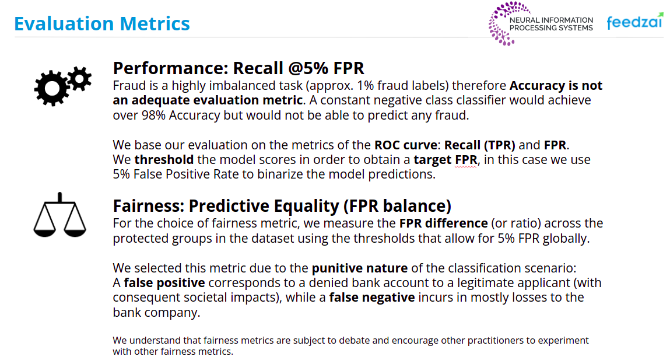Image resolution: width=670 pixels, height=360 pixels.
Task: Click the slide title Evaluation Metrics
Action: coord(101,23)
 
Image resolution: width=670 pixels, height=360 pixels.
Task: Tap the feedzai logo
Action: coord(635,21)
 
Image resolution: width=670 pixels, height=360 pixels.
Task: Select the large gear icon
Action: coord(52,88)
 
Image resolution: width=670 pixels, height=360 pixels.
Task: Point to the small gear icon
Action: coord(79,79)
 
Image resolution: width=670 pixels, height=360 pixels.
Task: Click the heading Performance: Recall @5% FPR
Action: coord(238,68)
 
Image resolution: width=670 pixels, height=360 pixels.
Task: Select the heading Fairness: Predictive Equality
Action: coord(282,205)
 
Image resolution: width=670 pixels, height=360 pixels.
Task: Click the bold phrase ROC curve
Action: coord(405,145)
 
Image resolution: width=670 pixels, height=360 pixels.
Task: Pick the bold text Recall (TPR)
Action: coord(479,145)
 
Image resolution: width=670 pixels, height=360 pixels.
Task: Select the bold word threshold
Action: coord(164,159)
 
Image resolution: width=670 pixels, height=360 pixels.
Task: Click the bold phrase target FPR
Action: coord(446,160)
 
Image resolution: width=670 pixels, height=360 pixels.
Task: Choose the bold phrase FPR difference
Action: coord(444,223)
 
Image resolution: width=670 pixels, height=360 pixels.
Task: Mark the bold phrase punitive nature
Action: coord(359,268)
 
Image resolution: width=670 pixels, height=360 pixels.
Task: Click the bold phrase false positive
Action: coord(164,282)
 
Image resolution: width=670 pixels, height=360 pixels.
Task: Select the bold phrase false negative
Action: coord(372,297)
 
